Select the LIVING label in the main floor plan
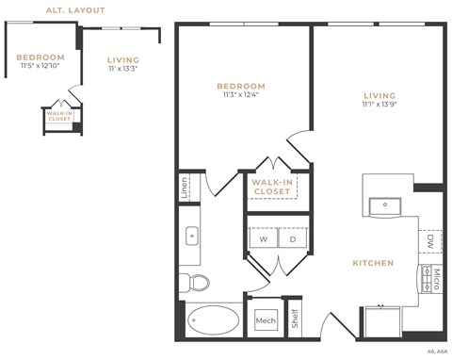[x=378, y=95]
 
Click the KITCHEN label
[x=373, y=263]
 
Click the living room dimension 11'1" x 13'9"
[x=378, y=106]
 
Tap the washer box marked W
[x=263, y=239]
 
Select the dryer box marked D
[x=292, y=239]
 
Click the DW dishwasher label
[x=429, y=242]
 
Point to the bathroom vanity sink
[x=191, y=236]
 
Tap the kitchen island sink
[x=383, y=205]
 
